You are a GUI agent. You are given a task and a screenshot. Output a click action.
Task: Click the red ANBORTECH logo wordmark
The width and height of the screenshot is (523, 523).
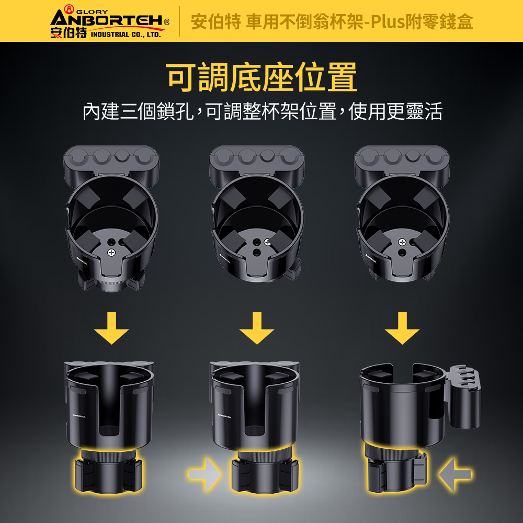pyautogui.click(x=107, y=20)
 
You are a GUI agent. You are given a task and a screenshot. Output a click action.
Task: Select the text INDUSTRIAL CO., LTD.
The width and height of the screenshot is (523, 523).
pyautogui.click(x=126, y=35)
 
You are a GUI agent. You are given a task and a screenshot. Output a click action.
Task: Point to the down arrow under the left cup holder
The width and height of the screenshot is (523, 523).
pyautogui.click(x=111, y=328)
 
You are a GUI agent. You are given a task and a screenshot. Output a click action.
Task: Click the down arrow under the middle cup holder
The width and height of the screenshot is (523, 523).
pyautogui.click(x=256, y=328)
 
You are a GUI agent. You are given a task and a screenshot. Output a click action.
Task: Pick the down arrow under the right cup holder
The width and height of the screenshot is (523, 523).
pyautogui.click(x=402, y=328)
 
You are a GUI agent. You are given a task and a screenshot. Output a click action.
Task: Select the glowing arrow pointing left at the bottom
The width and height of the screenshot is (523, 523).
pyautogui.click(x=455, y=474)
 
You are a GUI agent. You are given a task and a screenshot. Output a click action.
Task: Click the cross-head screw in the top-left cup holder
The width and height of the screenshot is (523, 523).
pyautogui.click(x=111, y=253)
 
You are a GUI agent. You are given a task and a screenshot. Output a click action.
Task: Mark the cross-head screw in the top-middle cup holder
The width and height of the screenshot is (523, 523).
pyautogui.click(x=267, y=243)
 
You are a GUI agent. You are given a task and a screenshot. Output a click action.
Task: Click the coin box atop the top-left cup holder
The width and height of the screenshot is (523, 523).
pyautogui.click(x=111, y=163)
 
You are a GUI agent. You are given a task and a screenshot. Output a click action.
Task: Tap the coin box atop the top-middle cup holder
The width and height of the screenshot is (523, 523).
pyautogui.click(x=256, y=163)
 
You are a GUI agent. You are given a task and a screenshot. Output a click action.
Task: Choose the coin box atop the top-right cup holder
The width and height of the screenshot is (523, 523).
pyautogui.click(x=402, y=163)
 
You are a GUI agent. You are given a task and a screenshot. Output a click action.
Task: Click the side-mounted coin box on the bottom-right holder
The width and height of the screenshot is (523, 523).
pyautogui.click(x=464, y=397)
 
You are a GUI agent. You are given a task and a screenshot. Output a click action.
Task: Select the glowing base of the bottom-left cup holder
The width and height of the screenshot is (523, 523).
pyautogui.click(x=109, y=471)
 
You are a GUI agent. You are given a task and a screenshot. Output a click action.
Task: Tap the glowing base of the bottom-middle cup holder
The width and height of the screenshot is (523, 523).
pyautogui.click(x=265, y=471)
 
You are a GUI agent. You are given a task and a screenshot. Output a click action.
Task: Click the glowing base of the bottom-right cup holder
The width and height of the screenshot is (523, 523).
pyautogui.click(x=396, y=469)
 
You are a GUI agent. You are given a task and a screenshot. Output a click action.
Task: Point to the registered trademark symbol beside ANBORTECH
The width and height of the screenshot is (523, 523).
pyautogui.click(x=167, y=22)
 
